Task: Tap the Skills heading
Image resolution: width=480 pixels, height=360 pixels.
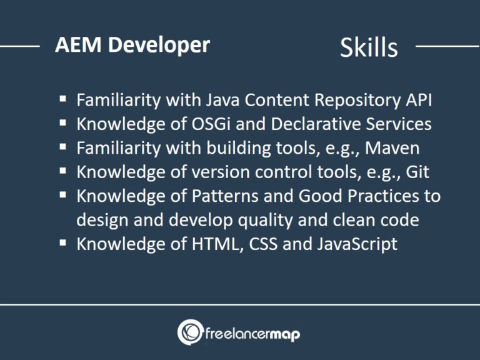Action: [x=369, y=47]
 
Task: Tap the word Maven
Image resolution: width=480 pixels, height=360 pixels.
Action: [x=392, y=148]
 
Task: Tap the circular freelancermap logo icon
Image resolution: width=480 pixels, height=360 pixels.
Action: [x=189, y=332]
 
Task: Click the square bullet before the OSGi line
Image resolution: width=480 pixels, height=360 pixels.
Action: [x=64, y=123]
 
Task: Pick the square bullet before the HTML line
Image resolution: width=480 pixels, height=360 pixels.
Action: [x=64, y=242]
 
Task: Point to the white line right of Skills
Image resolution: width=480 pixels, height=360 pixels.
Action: [x=447, y=46]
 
